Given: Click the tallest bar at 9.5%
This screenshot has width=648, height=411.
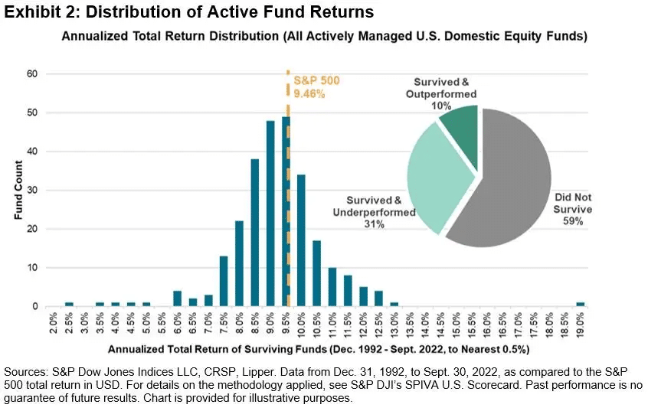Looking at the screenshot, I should [x=286, y=214].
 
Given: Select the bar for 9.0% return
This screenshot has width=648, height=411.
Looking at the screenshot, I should [x=270, y=214].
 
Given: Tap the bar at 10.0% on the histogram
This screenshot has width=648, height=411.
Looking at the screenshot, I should [x=302, y=241].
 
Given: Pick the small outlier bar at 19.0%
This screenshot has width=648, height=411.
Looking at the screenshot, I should [x=581, y=304].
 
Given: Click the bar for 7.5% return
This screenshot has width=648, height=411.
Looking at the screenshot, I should [x=224, y=281].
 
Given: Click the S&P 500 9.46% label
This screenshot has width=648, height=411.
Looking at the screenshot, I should [x=313, y=86].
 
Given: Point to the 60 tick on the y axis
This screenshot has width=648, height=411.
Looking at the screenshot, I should [x=32, y=74].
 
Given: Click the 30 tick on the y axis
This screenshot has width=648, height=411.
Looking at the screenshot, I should [x=32, y=191].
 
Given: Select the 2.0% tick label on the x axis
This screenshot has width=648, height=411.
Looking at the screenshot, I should [x=53, y=326].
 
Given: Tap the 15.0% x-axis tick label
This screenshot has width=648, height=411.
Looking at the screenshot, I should [x=457, y=326].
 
